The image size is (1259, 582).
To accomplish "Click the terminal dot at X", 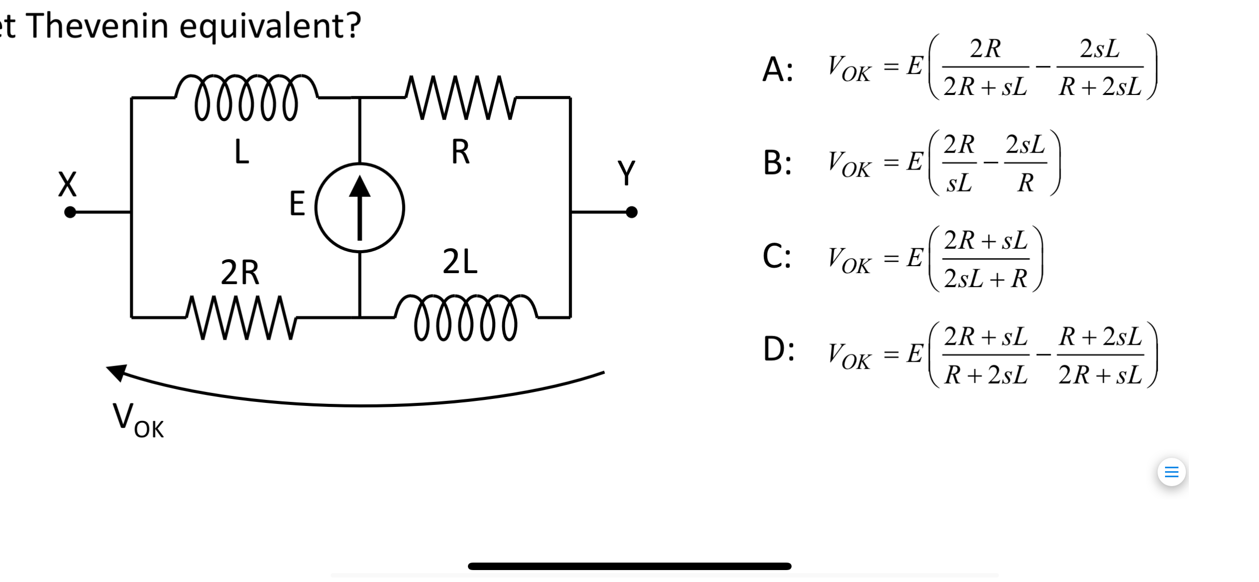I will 70,212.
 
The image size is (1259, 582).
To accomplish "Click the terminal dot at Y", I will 631,212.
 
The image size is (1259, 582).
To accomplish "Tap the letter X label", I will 67,184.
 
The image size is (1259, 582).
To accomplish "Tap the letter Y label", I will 626,173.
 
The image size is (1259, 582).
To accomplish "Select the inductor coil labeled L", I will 246,97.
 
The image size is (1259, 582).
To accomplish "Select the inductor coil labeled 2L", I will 466,317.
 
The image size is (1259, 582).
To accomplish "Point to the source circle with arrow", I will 360,207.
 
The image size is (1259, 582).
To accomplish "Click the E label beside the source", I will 297,204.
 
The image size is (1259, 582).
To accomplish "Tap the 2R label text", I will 240,273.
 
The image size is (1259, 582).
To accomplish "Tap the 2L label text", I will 460,262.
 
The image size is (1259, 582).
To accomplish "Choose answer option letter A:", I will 777,69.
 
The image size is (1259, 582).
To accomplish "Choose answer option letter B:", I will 777,163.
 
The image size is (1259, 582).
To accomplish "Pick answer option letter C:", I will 777,257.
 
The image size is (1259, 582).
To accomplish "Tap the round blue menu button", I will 1171,472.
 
